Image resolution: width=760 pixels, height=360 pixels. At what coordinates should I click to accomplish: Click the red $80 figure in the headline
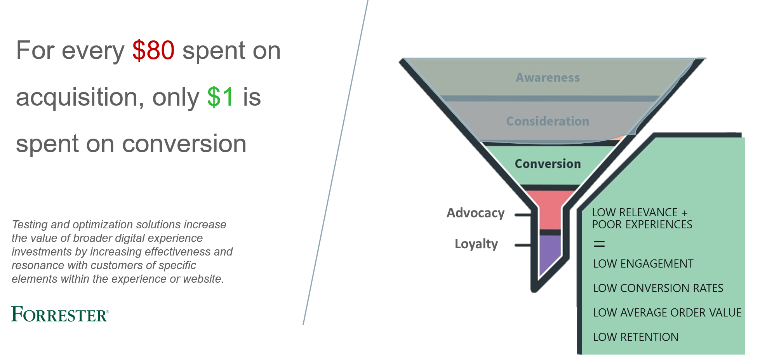[153, 50]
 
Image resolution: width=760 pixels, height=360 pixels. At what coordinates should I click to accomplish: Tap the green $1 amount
[220, 97]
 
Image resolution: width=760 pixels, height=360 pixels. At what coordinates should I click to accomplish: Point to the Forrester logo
[60, 314]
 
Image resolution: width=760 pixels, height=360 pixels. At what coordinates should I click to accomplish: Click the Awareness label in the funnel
[548, 78]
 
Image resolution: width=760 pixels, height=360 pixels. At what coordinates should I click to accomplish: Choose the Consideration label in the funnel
[548, 121]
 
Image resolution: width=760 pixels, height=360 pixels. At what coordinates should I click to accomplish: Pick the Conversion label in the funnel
[548, 164]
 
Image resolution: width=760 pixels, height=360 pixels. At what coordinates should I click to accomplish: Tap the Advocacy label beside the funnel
[476, 213]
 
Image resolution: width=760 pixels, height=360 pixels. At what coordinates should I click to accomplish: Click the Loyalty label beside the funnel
[476, 244]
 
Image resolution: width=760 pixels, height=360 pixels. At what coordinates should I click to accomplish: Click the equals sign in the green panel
[599, 244]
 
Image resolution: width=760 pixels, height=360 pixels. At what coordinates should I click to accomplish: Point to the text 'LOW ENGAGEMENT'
[643, 264]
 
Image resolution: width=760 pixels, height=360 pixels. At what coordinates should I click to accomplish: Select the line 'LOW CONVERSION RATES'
[658, 288]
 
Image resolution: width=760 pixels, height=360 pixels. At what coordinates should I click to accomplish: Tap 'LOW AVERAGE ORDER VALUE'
[667, 313]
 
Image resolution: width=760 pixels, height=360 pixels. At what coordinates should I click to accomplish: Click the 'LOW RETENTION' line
[636, 337]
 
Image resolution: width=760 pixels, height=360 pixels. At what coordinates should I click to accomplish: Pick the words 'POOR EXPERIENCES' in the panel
[642, 224]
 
